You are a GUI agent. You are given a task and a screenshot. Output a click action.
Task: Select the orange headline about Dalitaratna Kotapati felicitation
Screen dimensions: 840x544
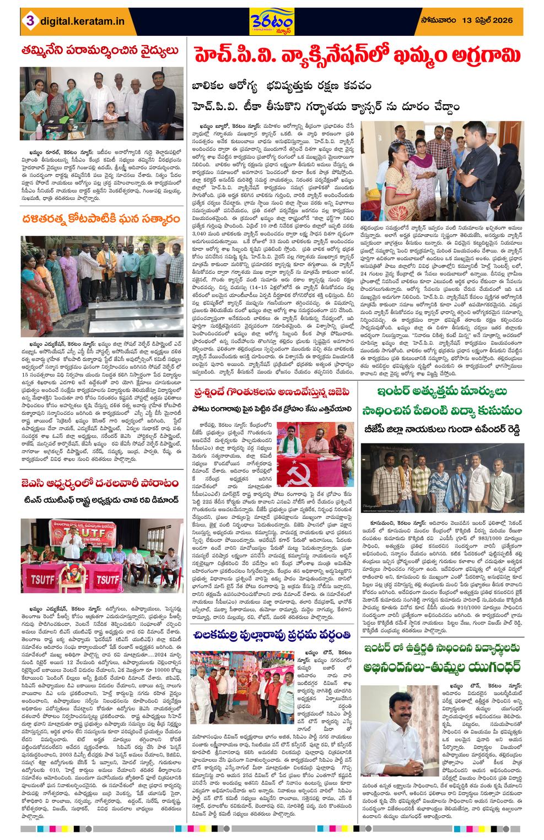tap(101, 219)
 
